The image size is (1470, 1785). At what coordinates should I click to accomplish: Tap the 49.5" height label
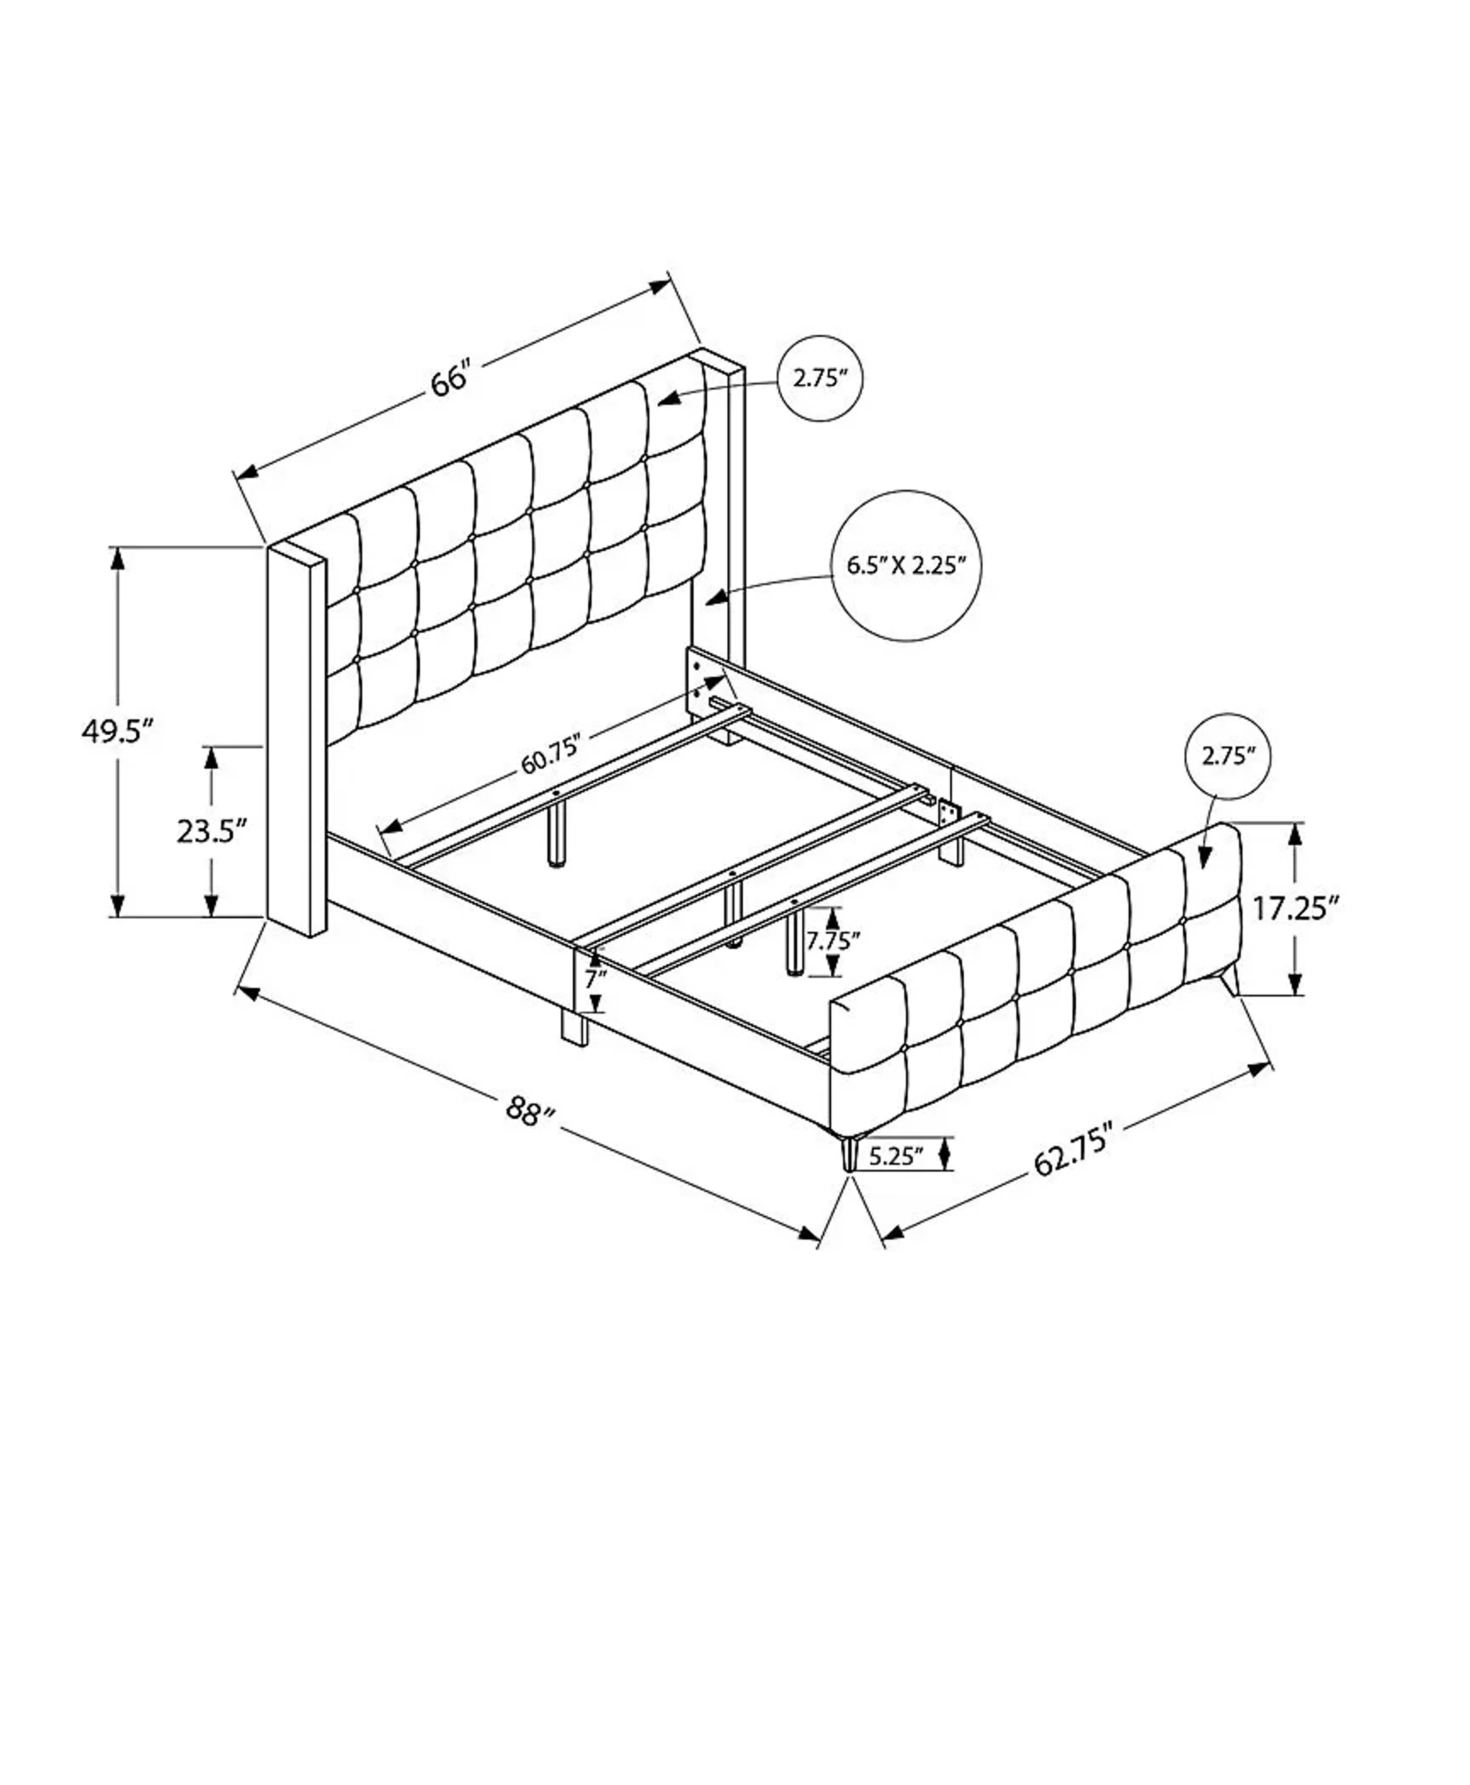[x=117, y=730]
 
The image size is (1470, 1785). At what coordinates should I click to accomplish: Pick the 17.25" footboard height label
[x=1295, y=909]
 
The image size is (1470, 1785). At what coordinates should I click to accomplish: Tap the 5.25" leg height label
[x=894, y=1155]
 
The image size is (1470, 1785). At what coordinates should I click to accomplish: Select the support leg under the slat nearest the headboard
[x=557, y=834]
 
